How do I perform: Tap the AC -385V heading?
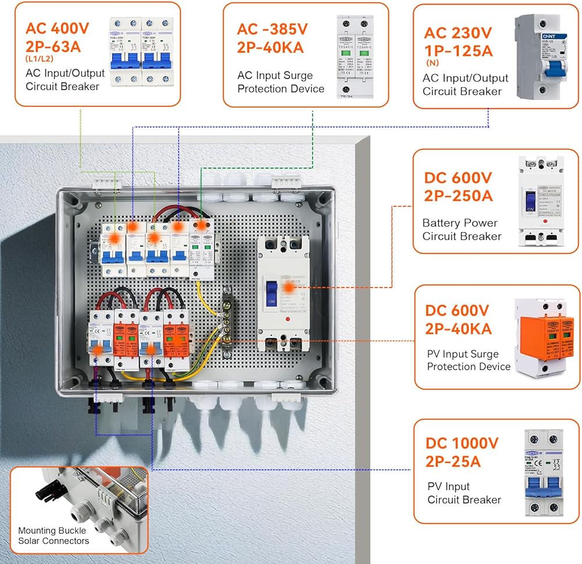click(x=272, y=29)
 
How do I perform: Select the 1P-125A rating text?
click(x=459, y=50)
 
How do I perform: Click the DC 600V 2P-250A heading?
click(x=458, y=186)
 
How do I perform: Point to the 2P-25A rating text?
click(x=453, y=462)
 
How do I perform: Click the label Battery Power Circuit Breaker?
click(x=462, y=230)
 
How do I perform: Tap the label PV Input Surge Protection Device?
click(x=469, y=360)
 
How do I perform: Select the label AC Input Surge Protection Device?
click(x=281, y=82)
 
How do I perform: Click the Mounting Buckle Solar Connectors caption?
click(x=54, y=536)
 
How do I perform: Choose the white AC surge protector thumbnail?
click(x=355, y=56)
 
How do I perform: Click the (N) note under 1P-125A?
click(x=432, y=63)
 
